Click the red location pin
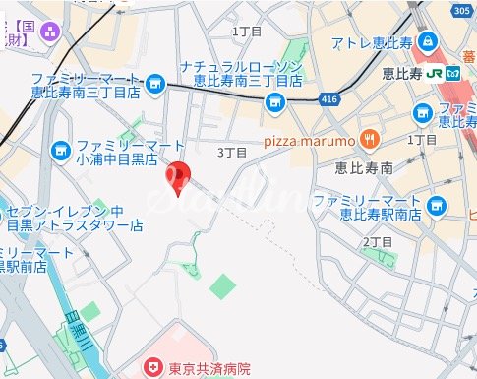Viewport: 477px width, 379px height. click(177, 177)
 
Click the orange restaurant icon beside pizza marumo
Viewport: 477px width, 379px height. click(368, 138)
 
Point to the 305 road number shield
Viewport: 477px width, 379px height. click(462, 10)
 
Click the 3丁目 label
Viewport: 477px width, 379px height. click(231, 153)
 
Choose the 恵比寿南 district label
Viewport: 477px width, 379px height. click(364, 168)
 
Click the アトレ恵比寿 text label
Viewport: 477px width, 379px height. click(371, 43)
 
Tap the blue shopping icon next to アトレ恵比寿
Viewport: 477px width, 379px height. click(427, 42)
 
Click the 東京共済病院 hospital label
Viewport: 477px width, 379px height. click(209, 369)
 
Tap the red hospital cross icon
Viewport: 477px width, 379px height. click(153, 369)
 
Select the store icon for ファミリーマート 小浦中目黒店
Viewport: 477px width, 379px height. click(58, 151)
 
